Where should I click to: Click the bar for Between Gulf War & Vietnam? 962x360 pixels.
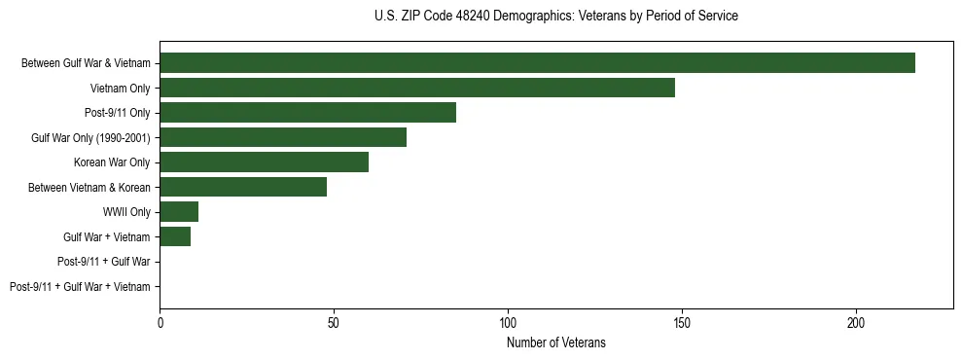click(x=537, y=63)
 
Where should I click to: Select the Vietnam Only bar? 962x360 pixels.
click(x=416, y=88)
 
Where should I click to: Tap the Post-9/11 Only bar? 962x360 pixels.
click(x=307, y=113)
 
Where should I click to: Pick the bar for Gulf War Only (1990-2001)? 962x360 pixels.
click(x=283, y=137)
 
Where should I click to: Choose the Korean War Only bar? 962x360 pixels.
click(x=264, y=162)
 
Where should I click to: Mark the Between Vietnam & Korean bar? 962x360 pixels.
click(x=243, y=187)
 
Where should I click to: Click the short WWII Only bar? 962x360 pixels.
click(x=179, y=212)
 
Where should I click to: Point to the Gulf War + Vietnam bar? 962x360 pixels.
click(x=175, y=236)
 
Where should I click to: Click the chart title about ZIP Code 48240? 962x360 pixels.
click(x=555, y=17)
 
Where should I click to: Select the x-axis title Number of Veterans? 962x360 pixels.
click(x=555, y=342)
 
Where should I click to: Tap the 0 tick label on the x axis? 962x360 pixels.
click(x=160, y=322)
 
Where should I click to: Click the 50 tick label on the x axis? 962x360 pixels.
click(x=334, y=322)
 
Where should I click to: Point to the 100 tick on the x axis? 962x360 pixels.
click(x=508, y=322)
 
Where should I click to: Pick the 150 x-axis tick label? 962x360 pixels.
click(x=682, y=322)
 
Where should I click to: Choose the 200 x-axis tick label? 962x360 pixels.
click(x=856, y=322)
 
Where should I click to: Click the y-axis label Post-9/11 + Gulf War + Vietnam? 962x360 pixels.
click(x=80, y=286)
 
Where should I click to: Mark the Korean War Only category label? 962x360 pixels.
click(x=112, y=162)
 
